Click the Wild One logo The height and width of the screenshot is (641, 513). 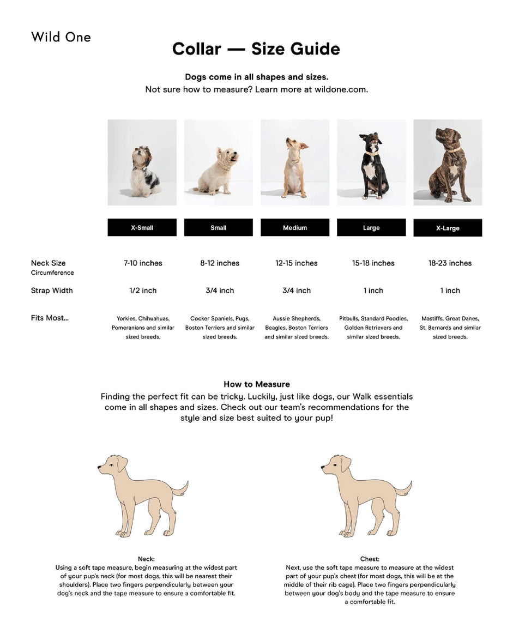coord(61,37)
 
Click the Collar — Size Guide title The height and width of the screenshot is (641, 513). coord(256,49)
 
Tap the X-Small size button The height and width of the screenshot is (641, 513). coord(142,227)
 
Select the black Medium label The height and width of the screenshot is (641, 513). coord(294,227)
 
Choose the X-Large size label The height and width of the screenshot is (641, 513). coord(448,228)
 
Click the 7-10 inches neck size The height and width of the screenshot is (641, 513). coord(143,263)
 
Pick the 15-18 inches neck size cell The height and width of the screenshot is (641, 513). coord(372,263)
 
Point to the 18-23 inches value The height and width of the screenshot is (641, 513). coord(450,263)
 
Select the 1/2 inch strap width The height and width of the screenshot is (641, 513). coord(143,291)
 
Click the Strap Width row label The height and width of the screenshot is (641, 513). coord(52,291)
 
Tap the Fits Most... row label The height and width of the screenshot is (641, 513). coord(50,318)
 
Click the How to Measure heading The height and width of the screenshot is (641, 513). coord(256,384)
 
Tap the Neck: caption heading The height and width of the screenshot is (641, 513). coord(146,559)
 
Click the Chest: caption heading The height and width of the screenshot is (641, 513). coord(370,559)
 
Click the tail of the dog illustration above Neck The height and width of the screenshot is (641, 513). coord(180,488)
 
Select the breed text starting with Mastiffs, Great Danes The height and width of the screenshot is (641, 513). coord(450,328)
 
